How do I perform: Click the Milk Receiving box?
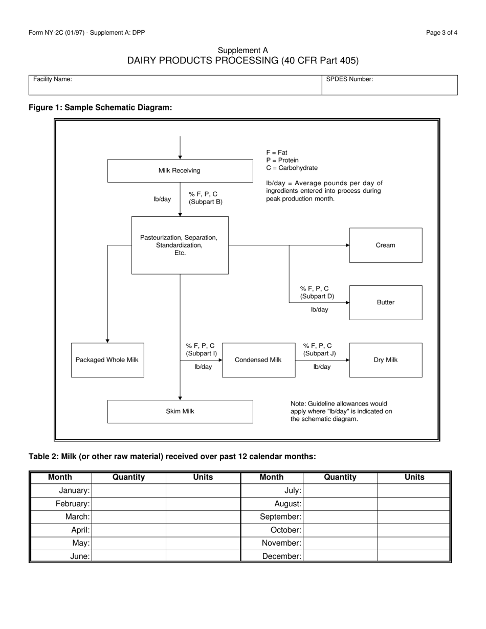[180, 171]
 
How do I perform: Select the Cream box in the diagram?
[385, 245]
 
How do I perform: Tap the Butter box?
[385, 303]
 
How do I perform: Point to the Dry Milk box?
[385, 360]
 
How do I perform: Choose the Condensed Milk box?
[258, 360]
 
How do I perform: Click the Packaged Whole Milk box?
[107, 360]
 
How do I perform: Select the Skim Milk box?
[180, 412]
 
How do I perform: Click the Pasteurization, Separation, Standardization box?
[180, 245]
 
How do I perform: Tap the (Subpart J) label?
[319, 353]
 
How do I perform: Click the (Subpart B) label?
[205, 202]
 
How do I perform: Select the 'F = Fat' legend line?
[277, 152]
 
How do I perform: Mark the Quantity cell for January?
[128, 491]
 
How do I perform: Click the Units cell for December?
[414, 556]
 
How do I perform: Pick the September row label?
[280, 517]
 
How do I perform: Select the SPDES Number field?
[389, 85]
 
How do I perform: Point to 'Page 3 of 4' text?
[441, 33]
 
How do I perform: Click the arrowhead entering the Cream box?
[347, 245]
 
